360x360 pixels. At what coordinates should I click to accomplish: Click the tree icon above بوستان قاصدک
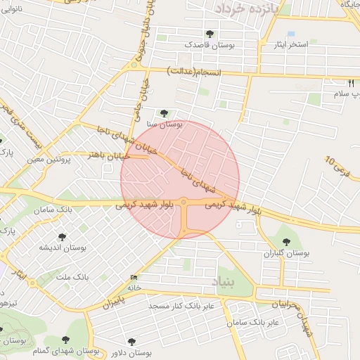coord(210,33)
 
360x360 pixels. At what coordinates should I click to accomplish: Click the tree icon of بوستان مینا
coord(163,112)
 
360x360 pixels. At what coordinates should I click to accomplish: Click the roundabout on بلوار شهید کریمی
coord(184,203)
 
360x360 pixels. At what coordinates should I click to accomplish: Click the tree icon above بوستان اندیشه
coord(62,237)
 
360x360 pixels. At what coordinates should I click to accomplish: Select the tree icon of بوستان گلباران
coord(285,241)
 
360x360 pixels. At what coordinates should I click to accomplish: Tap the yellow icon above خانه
coord(134,278)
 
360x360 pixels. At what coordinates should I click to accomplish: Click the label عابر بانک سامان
coord(255,321)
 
